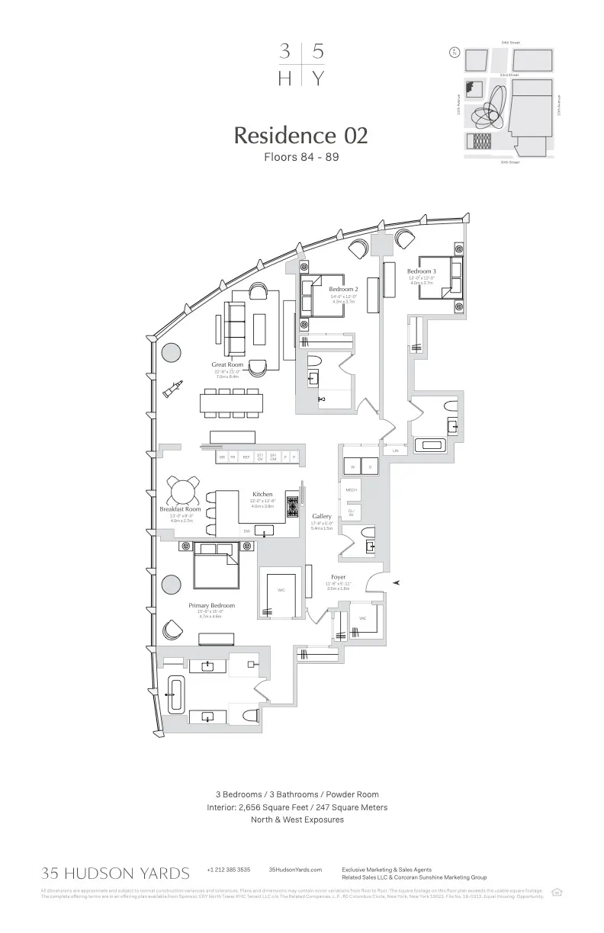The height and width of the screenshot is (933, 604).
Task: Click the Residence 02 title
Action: (300, 136)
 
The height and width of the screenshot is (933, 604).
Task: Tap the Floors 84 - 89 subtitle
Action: (300, 158)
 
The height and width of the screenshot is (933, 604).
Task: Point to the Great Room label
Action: (227, 365)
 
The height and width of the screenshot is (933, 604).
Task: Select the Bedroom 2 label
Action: (343, 290)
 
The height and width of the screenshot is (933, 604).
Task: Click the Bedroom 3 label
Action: (421, 271)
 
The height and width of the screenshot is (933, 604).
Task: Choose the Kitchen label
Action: (262, 495)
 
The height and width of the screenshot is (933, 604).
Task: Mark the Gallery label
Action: (321, 516)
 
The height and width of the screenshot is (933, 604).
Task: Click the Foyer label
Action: (338, 577)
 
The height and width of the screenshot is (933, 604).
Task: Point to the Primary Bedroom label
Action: (212, 605)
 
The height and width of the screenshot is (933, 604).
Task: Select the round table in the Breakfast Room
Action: (184, 490)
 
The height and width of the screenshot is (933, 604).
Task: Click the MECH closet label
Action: (351, 490)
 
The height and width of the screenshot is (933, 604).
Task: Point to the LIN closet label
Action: (395, 451)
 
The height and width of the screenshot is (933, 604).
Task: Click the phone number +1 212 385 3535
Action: (228, 870)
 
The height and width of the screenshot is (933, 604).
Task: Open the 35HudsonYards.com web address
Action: (295, 870)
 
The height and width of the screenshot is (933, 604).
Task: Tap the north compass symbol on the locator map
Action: (455, 53)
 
